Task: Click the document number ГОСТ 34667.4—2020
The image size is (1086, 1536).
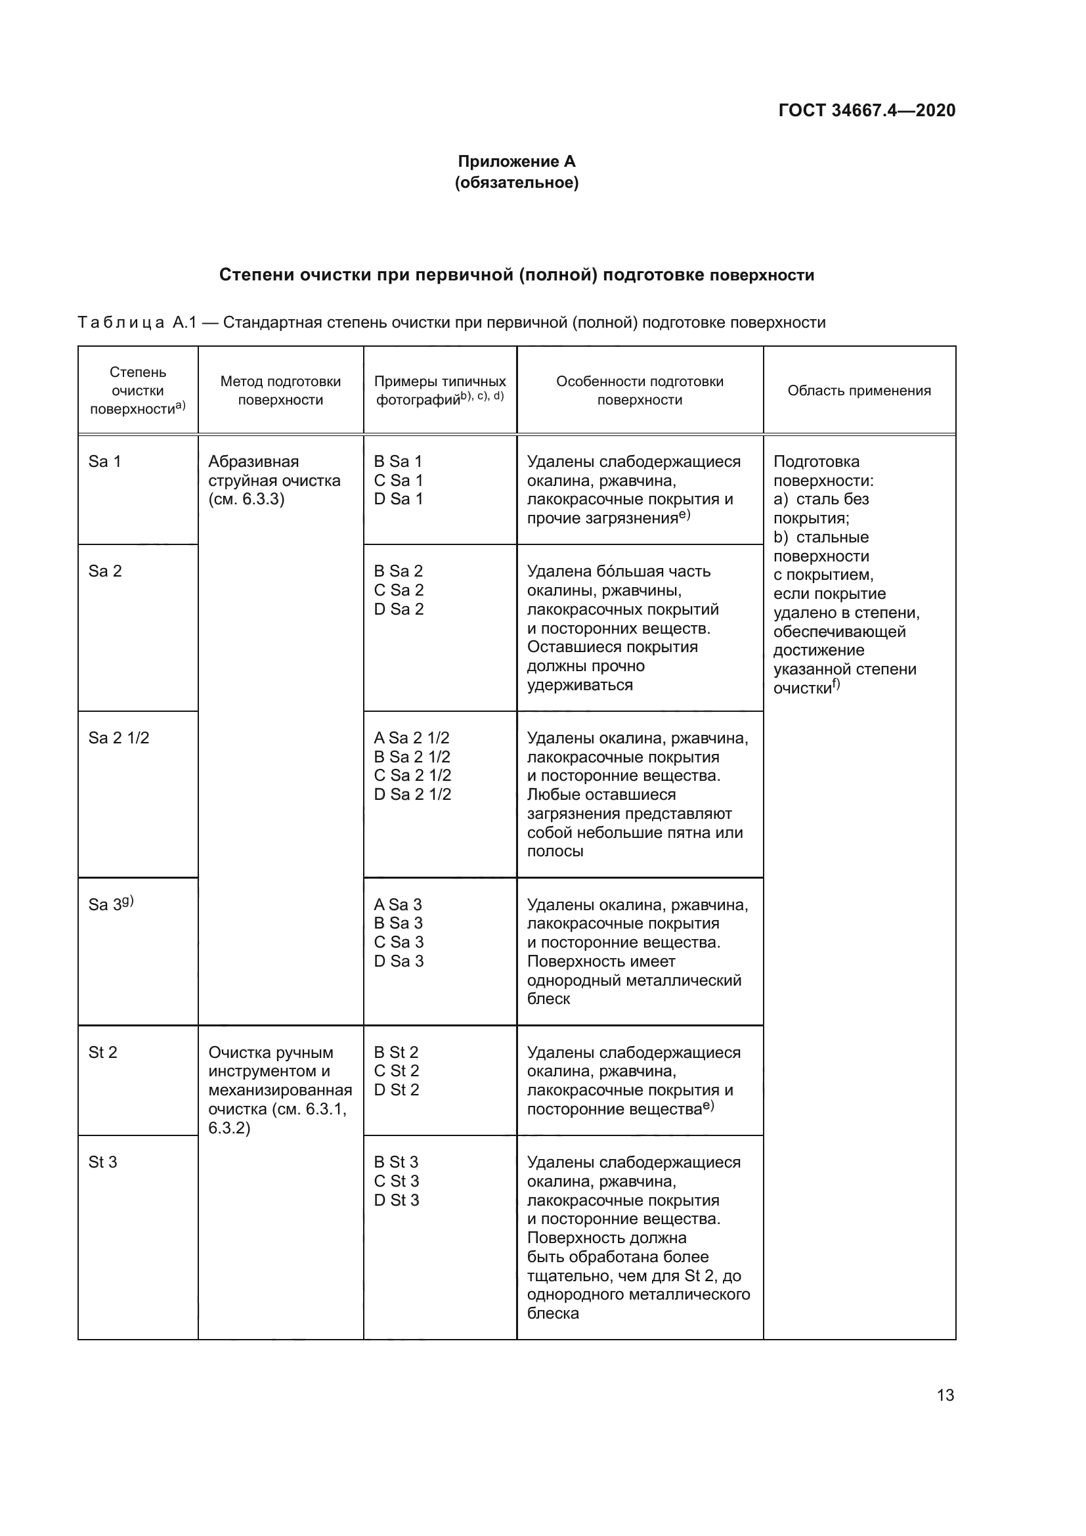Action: click(867, 110)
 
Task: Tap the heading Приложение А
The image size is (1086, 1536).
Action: click(516, 162)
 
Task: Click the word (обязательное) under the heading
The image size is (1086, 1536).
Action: click(516, 183)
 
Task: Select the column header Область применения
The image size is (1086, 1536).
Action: click(859, 391)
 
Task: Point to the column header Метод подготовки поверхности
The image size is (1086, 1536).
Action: click(280, 391)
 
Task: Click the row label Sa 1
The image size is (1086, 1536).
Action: click(104, 462)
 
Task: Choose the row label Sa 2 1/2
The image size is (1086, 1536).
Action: click(118, 738)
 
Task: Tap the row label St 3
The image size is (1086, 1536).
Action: click(102, 1162)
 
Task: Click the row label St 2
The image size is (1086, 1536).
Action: click(102, 1052)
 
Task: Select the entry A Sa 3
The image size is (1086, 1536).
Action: click(397, 904)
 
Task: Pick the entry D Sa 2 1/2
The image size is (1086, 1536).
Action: click(412, 794)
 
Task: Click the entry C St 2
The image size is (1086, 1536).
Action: click(396, 1070)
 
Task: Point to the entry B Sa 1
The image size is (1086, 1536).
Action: click(398, 462)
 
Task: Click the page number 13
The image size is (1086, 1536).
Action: click(945, 1395)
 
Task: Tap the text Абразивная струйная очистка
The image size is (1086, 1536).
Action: click(274, 471)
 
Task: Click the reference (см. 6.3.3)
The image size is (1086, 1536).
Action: click(246, 499)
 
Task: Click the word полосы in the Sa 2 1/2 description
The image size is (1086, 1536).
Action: click(554, 851)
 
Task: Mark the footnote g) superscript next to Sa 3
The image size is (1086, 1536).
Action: click(128, 900)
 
